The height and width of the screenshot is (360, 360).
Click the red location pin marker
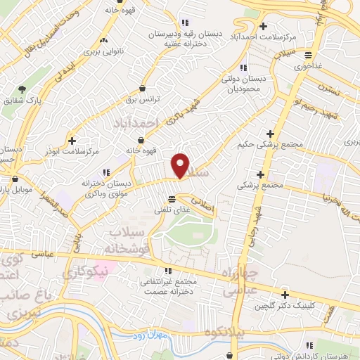181,165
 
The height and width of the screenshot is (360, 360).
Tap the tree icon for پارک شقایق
22,90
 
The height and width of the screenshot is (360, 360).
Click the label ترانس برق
144,99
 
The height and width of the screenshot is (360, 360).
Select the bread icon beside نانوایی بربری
104,39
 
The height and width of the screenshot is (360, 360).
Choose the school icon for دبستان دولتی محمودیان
243,68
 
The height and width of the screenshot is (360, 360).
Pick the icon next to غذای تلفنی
172,199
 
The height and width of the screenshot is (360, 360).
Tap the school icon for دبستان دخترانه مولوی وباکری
106,172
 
